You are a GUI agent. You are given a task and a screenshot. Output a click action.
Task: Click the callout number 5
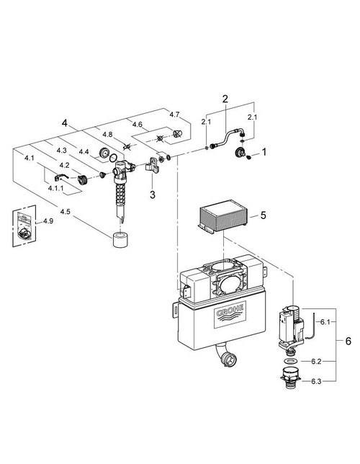(264, 215)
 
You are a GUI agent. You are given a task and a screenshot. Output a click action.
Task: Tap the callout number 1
(264, 152)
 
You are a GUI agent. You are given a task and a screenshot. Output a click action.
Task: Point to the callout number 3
(153, 195)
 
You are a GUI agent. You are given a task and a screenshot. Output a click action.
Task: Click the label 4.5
(66, 212)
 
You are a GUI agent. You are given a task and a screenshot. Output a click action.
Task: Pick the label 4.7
(174, 114)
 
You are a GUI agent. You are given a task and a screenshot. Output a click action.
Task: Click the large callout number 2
(225, 98)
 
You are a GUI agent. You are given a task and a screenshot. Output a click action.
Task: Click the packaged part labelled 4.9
(25, 225)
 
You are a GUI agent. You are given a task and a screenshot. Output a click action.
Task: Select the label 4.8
(108, 135)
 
